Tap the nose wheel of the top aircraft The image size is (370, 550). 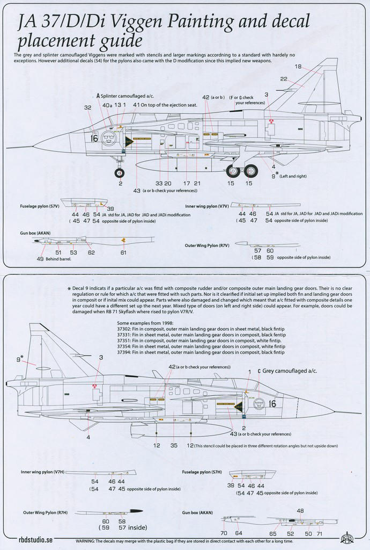(120, 172)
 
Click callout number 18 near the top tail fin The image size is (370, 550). (298, 67)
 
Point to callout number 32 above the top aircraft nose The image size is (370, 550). (87, 108)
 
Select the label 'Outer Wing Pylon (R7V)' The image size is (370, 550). (207, 245)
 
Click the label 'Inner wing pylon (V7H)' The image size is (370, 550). (40, 472)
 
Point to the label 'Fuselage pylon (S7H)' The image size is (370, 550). (203, 472)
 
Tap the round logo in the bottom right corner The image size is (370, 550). (347, 538)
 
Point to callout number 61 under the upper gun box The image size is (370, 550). (124, 252)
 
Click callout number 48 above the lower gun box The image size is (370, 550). (300, 511)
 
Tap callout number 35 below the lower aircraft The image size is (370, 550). (174, 445)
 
